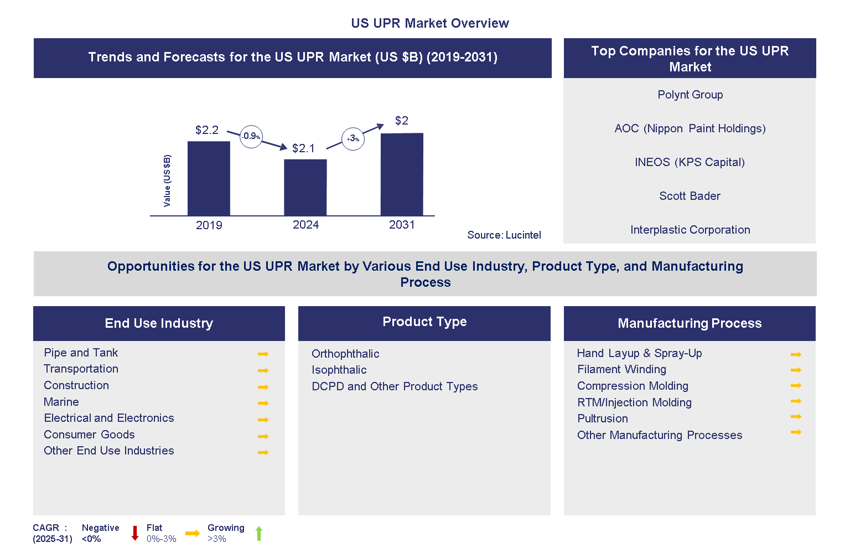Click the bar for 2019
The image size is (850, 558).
pyautogui.click(x=209, y=178)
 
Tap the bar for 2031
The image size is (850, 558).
pyautogui.click(x=402, y=174)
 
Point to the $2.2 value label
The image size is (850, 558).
pyautogui.click(x=207, y=130)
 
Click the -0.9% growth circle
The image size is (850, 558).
pyautogui.click(x=251, y=136)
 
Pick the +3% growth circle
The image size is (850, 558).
pyautogui.click(x=353, y=139)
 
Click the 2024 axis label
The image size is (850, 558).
pyautogui.click(x=305, y=225)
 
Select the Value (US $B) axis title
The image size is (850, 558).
pyautogui.click(x=167, y=181)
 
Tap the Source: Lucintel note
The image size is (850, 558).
pyautogui.click(x=504, y=235)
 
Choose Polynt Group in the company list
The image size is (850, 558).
pyautogui.click(x=690, y=95)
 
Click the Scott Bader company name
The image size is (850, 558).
pyautogui.click(x=690, y=196)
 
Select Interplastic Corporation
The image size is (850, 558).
pyautogui.click(x=690, y=230)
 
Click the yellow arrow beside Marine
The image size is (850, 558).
pyautogui.click(x=263, y=403)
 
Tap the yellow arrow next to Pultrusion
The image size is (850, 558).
pyautogui.click(x=796, y=416)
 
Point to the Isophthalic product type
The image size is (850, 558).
pyautogui.click(x=339, y=370)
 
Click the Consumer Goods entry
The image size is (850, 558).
pyautogui.click(x=89, y=435)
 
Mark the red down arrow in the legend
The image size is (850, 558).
pyautogui.click(x=134, y=533)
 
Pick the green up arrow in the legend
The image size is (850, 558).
pyautogui.click(x=258, y=534)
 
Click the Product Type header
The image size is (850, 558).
pyautogui.click(x=424, y=322)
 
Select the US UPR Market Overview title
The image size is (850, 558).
pyautogui.click(x=429, y=23)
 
